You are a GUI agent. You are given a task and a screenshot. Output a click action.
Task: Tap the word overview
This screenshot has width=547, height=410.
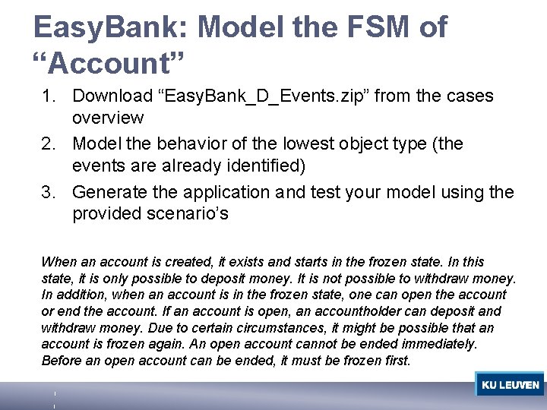pyautogui.click(x=110, y=118)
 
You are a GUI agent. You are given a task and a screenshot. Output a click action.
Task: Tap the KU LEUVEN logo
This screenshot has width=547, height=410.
pyautogui.click(x=510, y=385)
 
